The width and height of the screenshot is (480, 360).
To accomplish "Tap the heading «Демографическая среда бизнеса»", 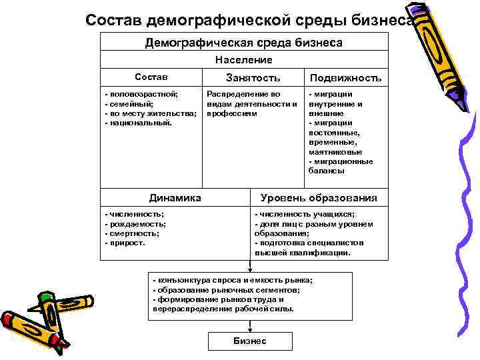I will click(244, 43).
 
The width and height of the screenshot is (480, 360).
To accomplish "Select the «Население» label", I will click(244, 59).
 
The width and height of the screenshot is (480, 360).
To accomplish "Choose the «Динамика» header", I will click(175, 197).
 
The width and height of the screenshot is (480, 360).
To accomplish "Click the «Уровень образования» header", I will click(319, 198).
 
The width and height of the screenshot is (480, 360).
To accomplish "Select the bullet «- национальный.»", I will click(139, 123).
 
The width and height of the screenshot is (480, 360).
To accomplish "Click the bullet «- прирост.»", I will click(126, 243).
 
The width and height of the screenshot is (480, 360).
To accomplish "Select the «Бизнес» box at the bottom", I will click(250, 341).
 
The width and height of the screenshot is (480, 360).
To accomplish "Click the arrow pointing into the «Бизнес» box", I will click(250, 327).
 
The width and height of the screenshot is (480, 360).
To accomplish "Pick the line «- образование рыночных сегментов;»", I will click(226, 290).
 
